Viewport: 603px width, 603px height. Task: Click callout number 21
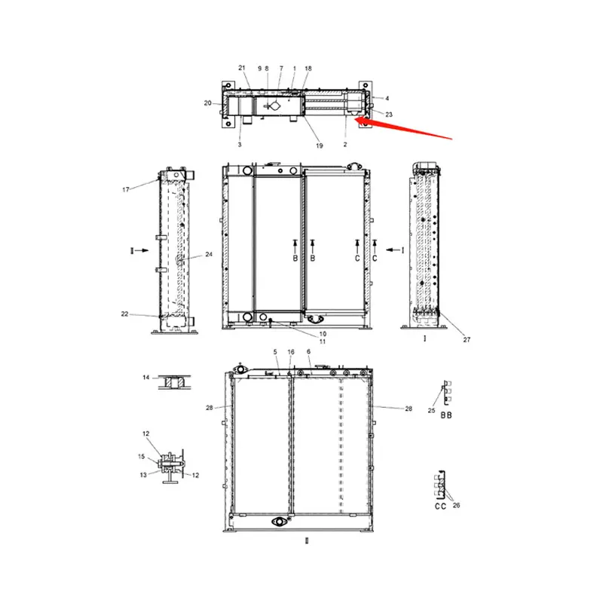(242, 68)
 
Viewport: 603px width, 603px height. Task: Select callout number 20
(207, 103)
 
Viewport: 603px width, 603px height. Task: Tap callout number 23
(389, 114)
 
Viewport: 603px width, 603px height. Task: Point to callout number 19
(320, 145)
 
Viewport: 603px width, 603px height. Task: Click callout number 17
(126, 189)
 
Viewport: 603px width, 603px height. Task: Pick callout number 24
(209, 255)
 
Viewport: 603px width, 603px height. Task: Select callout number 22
(124, 314)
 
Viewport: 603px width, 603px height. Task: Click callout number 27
(467, 340)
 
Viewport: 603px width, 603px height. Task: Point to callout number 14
(146, 376)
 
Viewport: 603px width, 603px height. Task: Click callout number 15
(141, 457)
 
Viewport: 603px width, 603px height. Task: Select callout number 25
(431, 410)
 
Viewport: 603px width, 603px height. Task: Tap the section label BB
(446, 415)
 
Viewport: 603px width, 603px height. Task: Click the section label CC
(441, 507)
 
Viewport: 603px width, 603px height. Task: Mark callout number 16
(290, 352)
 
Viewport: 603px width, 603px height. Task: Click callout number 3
(240, 144)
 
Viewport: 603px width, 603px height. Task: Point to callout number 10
(322, 333)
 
